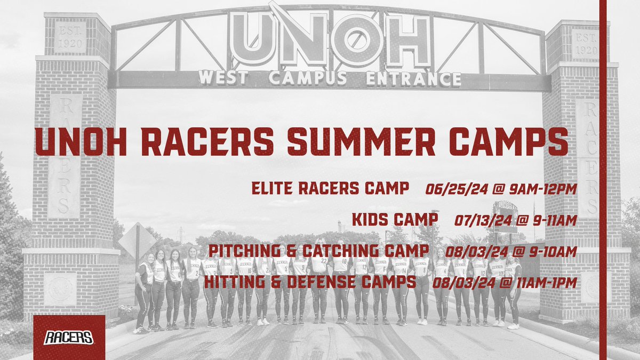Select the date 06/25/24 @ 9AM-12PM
(501, 188)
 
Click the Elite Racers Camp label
(330, 188)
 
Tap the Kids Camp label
(395, 219)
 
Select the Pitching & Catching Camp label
(318, 251)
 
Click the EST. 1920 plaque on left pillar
(69, 37)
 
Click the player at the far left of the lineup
(142, 293)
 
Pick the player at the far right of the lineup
(513, 293)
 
